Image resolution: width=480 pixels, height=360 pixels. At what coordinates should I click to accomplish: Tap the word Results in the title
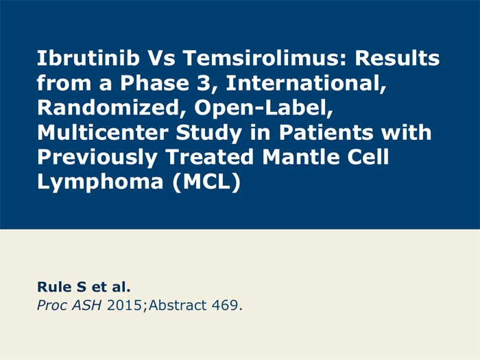pos(397,58)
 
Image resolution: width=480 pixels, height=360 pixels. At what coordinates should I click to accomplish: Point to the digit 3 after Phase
pos(203,83)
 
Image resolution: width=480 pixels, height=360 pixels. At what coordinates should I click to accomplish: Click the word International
pos(306,83)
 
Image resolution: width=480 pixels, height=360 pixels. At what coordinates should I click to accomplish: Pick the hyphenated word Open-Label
pos(263,108)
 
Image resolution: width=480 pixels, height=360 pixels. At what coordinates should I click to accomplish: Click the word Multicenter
pos(103,132)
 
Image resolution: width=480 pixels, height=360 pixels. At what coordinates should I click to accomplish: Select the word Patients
pos(326,132)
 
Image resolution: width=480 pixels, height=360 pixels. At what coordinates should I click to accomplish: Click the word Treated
pos(210,157)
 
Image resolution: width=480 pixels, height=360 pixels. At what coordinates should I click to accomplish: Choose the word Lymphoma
pos(100,183)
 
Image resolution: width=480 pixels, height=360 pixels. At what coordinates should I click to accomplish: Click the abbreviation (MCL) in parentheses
pos(206,183)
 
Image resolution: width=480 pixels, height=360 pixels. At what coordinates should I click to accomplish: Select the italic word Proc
pos(51,306)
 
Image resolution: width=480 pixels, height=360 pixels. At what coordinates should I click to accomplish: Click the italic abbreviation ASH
pos(86,305)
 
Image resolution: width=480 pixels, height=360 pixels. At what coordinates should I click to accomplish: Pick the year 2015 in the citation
pos(125,305)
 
